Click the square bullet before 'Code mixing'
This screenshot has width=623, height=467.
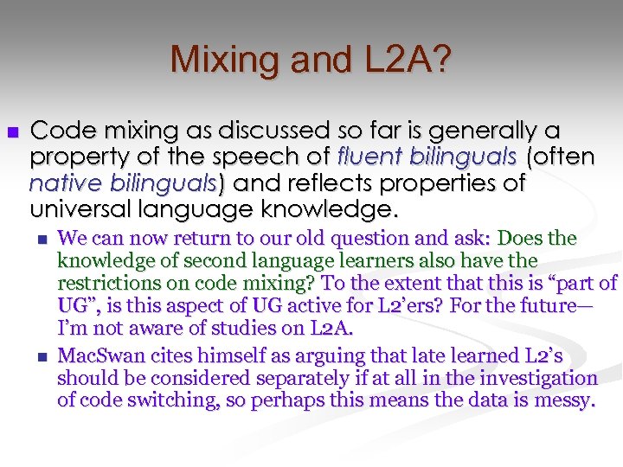[x=12, y=131]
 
